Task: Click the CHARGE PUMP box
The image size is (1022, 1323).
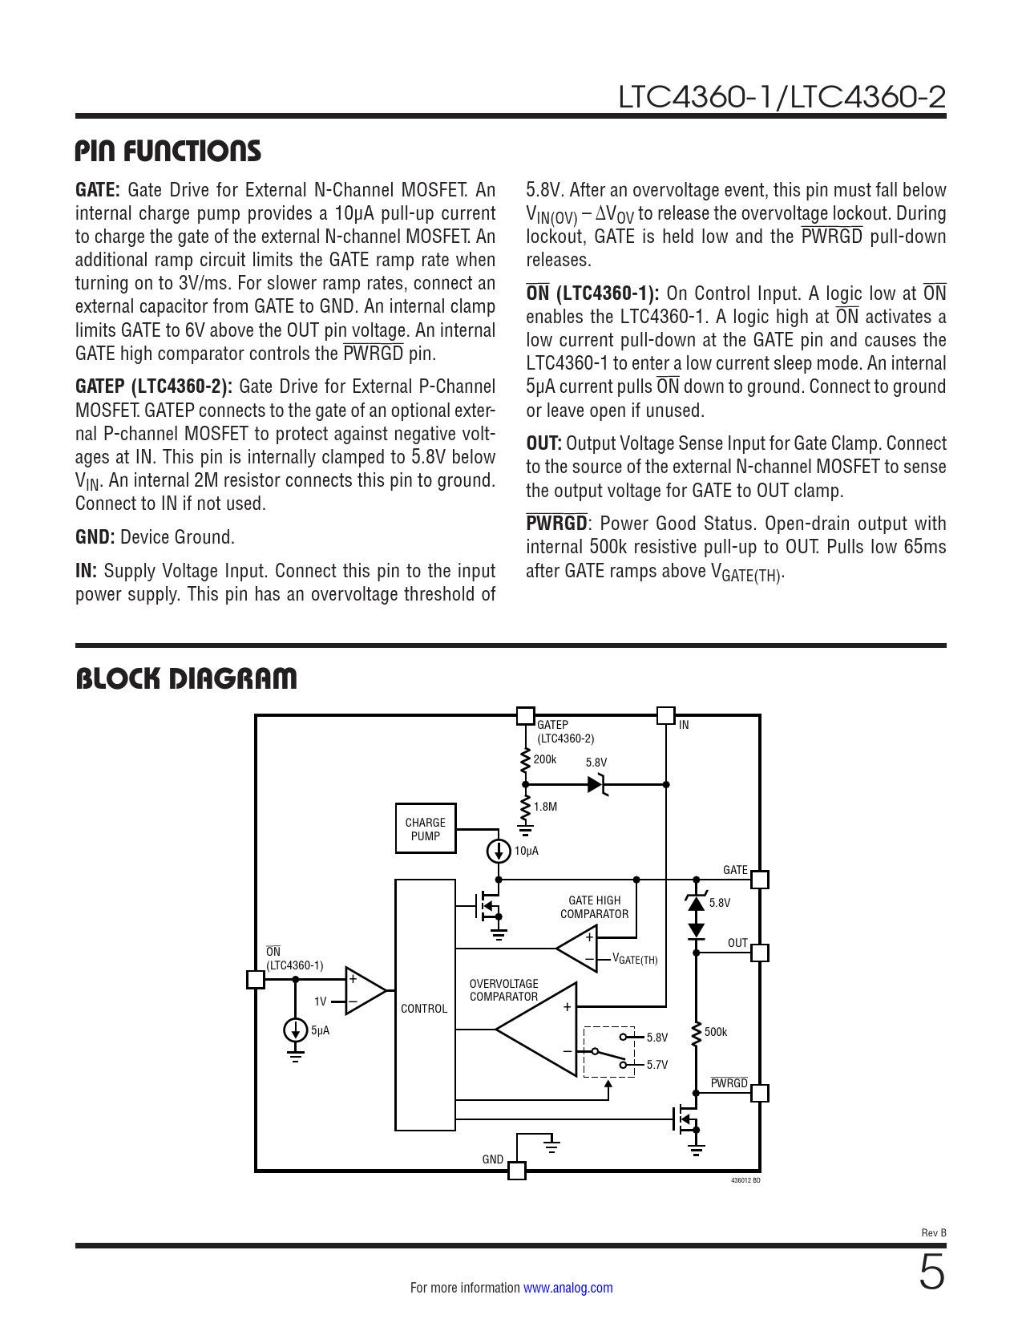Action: point(425,828)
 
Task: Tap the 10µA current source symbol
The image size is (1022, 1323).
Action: point(499,851)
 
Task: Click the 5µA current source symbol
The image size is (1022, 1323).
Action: point(296,1030)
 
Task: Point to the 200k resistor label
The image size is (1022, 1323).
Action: point(545,759)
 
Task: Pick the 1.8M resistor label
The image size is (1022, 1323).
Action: point(546,807)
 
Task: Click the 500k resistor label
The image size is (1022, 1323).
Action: point(716,1032)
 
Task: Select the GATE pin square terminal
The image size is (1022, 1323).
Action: point(759,880)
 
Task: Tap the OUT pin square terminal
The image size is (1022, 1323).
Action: point(759,953)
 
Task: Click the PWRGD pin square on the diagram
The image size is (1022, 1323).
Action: point(759,1093)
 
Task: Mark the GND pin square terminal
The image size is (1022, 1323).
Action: point(517,1171)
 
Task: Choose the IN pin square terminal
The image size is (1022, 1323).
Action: point(665,715)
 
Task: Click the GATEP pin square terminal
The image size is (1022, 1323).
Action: point(525,715)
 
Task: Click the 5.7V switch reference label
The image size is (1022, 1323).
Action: point(657,1065)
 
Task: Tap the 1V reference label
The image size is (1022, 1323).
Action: point(321,1001)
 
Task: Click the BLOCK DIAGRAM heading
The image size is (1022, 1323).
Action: point(186,679)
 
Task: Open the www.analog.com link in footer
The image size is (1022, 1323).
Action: point(568,1288)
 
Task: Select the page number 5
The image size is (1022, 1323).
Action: point(931,1273)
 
